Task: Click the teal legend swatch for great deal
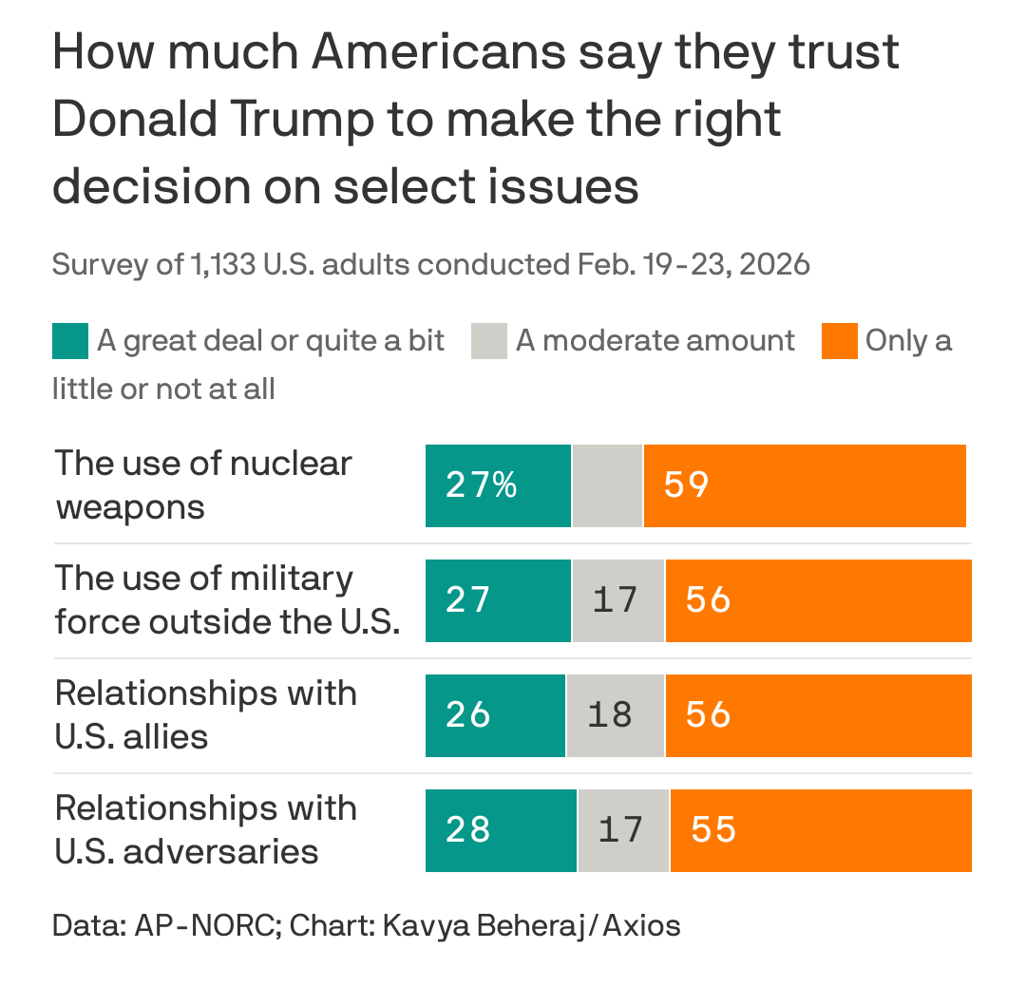point(69,341)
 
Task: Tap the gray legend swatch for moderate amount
point(488,341)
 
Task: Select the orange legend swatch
point(839,341)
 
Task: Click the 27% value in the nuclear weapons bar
point(482,485)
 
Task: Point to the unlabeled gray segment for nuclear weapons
point(607,485)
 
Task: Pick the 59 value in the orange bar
point(686,485)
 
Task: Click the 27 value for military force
point(467,600)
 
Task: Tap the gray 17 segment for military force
point(617,600)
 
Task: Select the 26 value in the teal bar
point(467,715)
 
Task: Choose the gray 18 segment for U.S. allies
point(611,715)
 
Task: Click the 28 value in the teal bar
point(467,830)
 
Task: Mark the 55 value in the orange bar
point(713,830)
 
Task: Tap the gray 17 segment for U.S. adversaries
point(621,830)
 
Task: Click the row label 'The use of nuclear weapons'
point(203,484)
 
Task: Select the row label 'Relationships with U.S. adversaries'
point(206,829)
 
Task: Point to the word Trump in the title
point(285,120)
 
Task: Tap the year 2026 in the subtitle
point(773,263)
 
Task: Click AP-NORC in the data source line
point(201,925)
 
